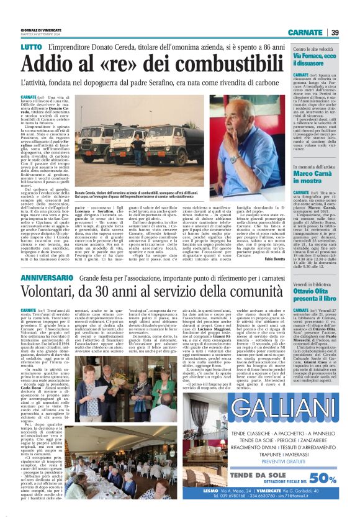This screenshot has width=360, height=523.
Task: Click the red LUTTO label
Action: point(31,47)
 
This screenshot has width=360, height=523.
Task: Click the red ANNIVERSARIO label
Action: point(49,294)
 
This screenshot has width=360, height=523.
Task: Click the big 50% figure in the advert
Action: point(323,478)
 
